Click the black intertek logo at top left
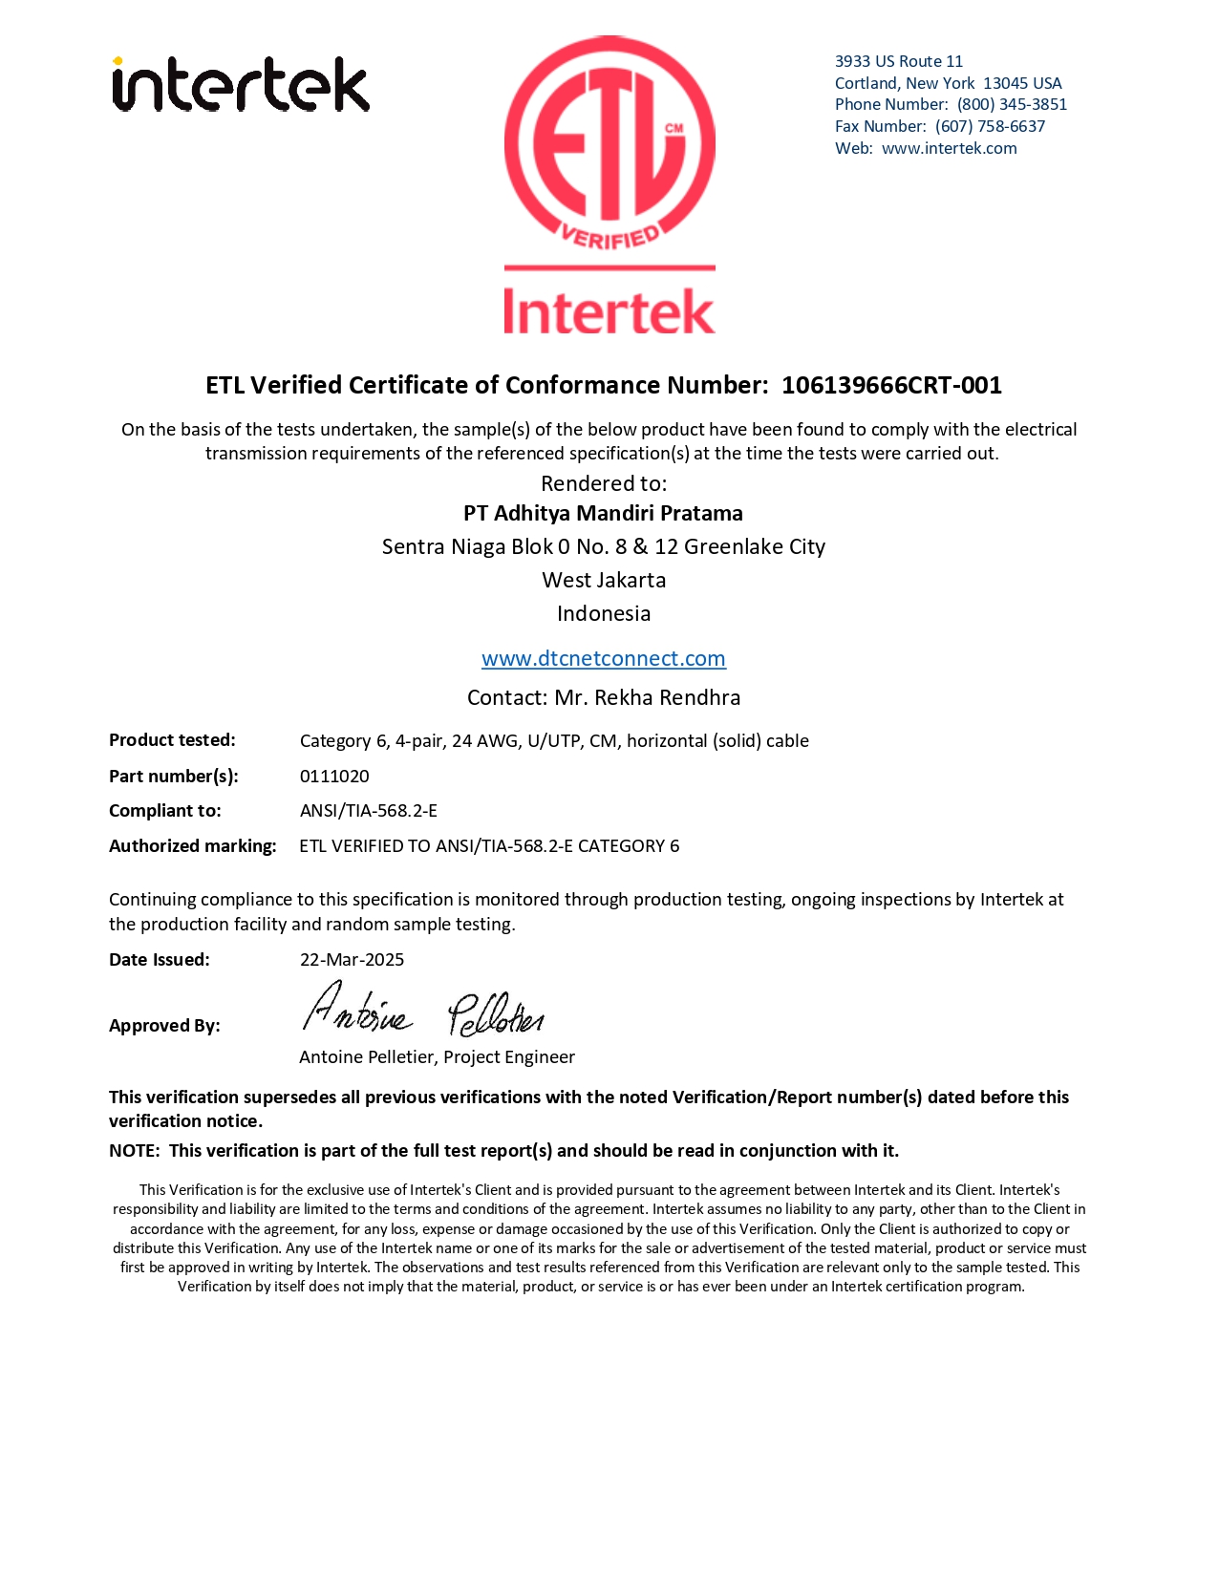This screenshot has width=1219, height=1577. click(x=241, y=85)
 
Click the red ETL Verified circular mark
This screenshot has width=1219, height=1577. click(x=609, y=143)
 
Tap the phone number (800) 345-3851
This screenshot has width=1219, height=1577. click(x=1012, y=104)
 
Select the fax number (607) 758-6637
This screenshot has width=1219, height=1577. click(x=990, y=126)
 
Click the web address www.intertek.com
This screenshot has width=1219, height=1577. click(x=949, y=148)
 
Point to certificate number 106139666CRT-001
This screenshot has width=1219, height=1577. click(x=891, y=385)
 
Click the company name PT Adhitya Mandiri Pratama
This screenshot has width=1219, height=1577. click(x=603, y=513)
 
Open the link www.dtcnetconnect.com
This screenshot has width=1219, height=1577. click(x=603, y=658)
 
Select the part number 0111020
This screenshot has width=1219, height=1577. click(x=334, y=776)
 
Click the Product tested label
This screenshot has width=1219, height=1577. click(x=172, y=740)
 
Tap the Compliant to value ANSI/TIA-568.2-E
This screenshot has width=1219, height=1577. click(x=369, y=810)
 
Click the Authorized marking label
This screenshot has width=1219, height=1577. click(x=192, y=845)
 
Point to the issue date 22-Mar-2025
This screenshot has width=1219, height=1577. click(x=352, y=959)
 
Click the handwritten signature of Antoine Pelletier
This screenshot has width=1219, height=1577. click(x=422, y=1011)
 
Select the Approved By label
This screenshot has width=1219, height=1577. click(x=164, y=1025)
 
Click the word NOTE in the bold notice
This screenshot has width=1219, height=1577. click(x=133, y=1150)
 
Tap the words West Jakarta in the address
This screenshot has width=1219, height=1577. click(x=604, y=580)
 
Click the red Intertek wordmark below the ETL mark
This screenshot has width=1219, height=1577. click(x=609, y=311)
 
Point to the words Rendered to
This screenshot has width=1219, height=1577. click(x=604, y=483)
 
